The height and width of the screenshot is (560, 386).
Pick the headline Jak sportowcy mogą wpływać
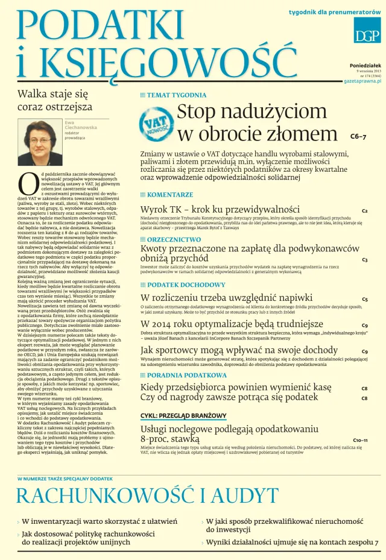pos(230,350)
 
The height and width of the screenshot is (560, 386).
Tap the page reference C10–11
pos(360,441)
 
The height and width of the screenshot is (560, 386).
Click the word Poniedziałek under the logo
pos(366,64)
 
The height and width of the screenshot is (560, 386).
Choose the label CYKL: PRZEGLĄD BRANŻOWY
pos(183,416)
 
